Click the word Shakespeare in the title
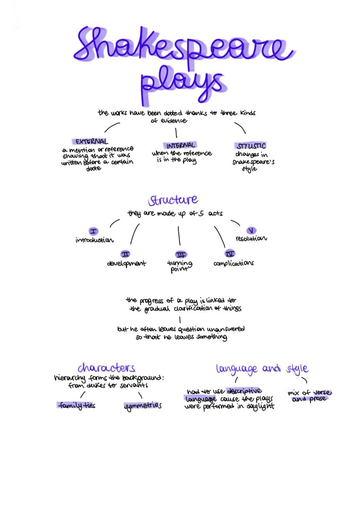(x=183, y=46)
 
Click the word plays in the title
(x=183, y=85)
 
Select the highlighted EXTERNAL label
(x=91, y=142)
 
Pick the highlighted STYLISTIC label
(x=251, y=146)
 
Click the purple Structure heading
(x=173, y=200)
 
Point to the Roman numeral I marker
(x=93, y=231)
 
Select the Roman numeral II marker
(x=126, y=254)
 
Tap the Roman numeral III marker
(x=180, y=255)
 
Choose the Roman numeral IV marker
(x=230, y=254)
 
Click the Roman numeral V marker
(x=251, y=230)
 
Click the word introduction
(x=95, y=240)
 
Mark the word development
(x=127, y=263)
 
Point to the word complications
(x=233, y=263)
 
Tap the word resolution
(x=251, y=239)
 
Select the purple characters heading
(x=107, y=368)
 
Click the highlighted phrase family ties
(x=77, y=405)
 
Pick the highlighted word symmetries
(x=143, y=406)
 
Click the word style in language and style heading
(x=297, y=369)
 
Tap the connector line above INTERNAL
(x=177, y=132)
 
